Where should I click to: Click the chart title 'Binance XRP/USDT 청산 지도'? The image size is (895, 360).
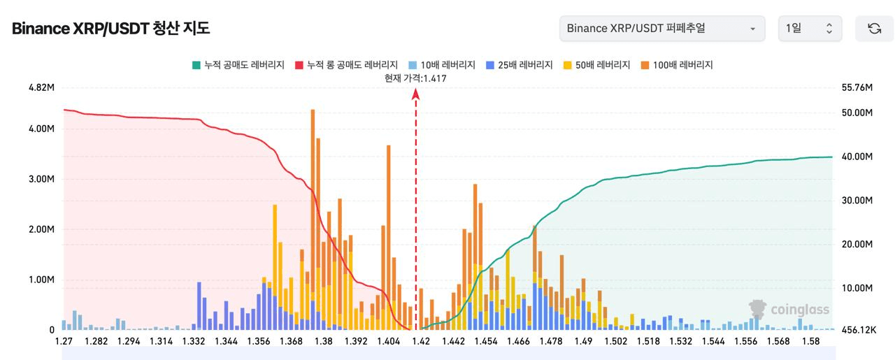tap(110, 29)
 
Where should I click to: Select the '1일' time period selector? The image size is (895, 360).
tap(810, 29)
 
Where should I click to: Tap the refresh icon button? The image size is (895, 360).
tap(874, 29)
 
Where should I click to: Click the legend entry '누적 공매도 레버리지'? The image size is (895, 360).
tap(238, 65)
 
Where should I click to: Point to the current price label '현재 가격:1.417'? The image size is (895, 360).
tap(415, 78)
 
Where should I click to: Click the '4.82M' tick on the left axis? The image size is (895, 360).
tap(41, 87)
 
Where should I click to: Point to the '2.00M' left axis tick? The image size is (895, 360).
tap(41, 229)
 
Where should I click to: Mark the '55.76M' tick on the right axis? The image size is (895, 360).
tap(857, 87)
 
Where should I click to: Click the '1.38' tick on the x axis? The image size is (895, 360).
tap(324, 342)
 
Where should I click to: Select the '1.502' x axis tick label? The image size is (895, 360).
tap(616, 342)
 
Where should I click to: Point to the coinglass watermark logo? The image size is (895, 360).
tap(789, 309)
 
